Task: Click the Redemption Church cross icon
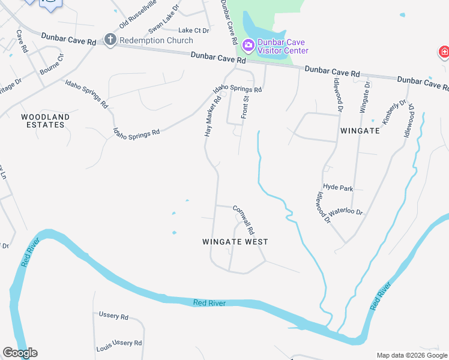click(x=110, y=40)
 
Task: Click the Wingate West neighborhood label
click(x=235, y=242)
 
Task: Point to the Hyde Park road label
click(x=338, y=187)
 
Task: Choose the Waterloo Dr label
click(x=348, y=212)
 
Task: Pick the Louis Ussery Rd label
click(x=119, y=344)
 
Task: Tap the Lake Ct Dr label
click(x=193, y=30)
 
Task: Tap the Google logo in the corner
click(x=20, y=353)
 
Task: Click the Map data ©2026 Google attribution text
click(x=411, y=355)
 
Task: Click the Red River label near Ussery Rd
click(x=209, y=303)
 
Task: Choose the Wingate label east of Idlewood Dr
click(x=360, y=130)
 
